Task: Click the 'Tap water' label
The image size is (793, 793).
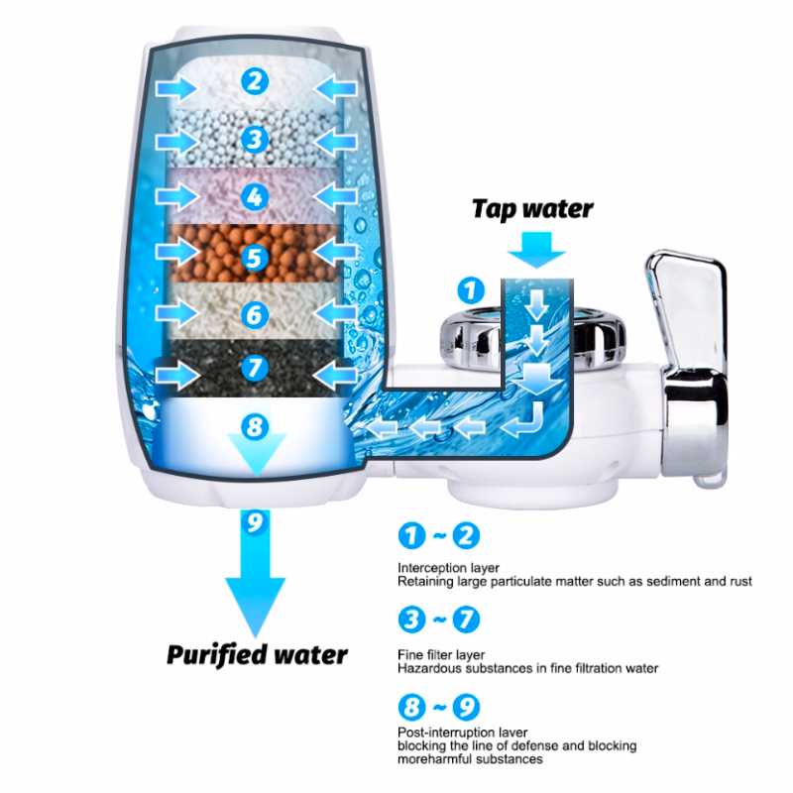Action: point(532,209)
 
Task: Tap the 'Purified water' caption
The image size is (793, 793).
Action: point(257,655)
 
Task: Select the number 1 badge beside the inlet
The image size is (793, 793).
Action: point(471,290)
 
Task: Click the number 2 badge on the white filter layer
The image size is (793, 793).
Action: point(255,81)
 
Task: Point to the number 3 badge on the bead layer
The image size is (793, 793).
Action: point(255,139)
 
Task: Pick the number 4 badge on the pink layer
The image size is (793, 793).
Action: point(255,196)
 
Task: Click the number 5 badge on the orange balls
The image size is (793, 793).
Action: point(255,258)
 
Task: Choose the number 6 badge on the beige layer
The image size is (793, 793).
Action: point(255,314)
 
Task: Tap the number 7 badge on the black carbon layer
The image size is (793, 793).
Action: point(255,367)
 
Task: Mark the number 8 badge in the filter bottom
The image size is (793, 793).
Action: point(255,426)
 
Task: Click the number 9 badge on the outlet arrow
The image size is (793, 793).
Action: point(255,521)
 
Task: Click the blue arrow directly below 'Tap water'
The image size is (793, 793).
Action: point(536,250)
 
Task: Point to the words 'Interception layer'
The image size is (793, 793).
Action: point(448,568)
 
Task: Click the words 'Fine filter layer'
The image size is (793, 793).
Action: point(441,655)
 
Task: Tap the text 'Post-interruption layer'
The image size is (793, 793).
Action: point(462,733)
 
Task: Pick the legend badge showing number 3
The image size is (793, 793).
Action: point(411,620)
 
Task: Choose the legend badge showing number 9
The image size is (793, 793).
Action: point(466,707)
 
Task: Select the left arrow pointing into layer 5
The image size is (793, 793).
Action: point(177,252)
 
